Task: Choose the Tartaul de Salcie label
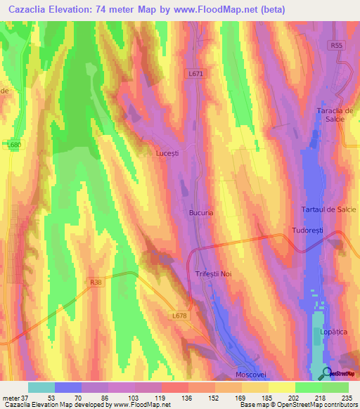(x=327, y=211)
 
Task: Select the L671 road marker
(x=196, y=72)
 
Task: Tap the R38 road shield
(x=97, y=282)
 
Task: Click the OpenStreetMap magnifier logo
(x=328, y=374)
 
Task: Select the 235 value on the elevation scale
(x=346, y=398)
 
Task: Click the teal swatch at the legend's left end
(x=41, y=387)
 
